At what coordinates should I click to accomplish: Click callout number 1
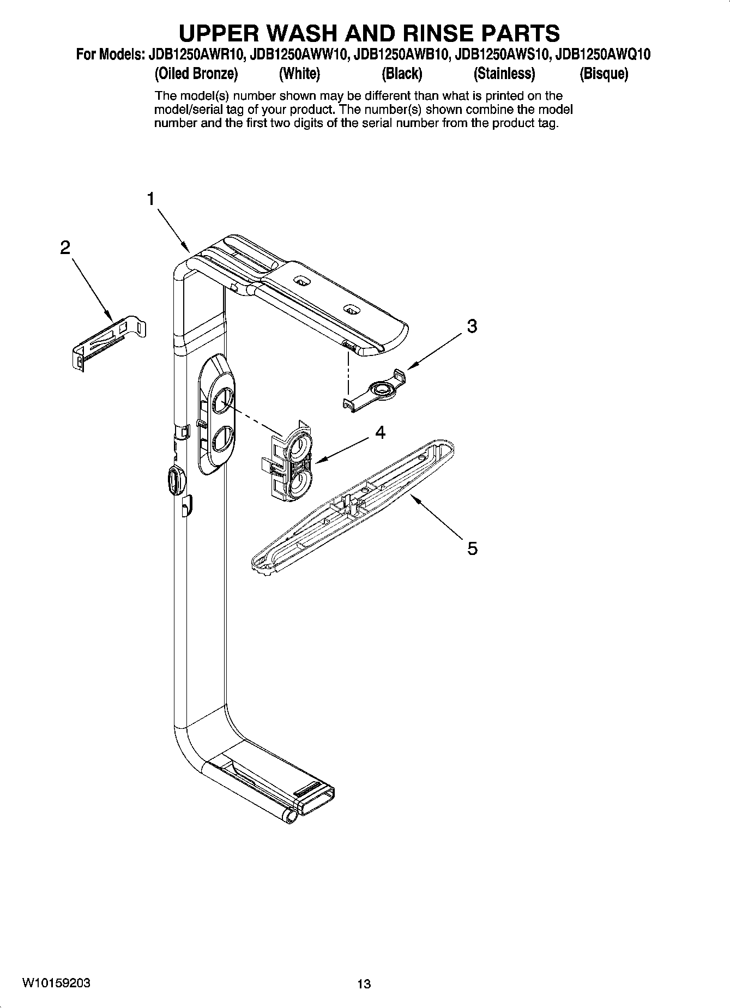[x=151, y=199]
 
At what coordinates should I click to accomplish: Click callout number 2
[x=65, y=248]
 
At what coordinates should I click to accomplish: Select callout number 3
[x=472, y=326]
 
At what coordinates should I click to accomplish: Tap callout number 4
[x=381, y=433]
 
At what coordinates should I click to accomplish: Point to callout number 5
[x=472, y=548]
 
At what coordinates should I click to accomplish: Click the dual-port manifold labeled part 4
[x=287, y=459]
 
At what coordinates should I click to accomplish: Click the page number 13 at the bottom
[x=364, y=983]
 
